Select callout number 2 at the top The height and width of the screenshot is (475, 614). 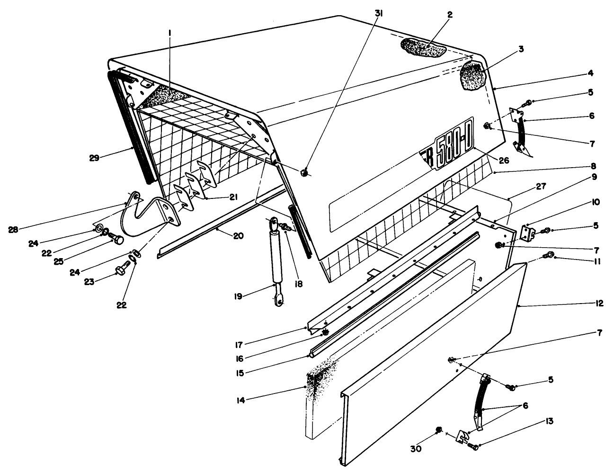tap(450, 15)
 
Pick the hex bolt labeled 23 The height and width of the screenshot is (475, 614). tap(120, 270)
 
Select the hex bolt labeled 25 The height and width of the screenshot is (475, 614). tap(116, 239)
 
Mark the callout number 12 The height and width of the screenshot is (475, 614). tap(599, 303)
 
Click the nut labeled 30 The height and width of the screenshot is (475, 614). tap(438, 430)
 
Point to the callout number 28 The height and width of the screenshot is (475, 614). tap(14, 230)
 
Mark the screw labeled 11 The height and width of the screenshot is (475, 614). tap(549, 256)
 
